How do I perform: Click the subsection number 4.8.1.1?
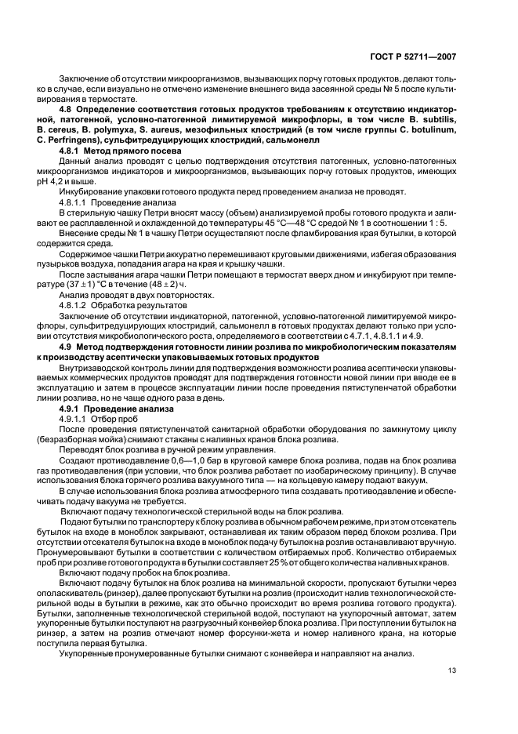point(77,202)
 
